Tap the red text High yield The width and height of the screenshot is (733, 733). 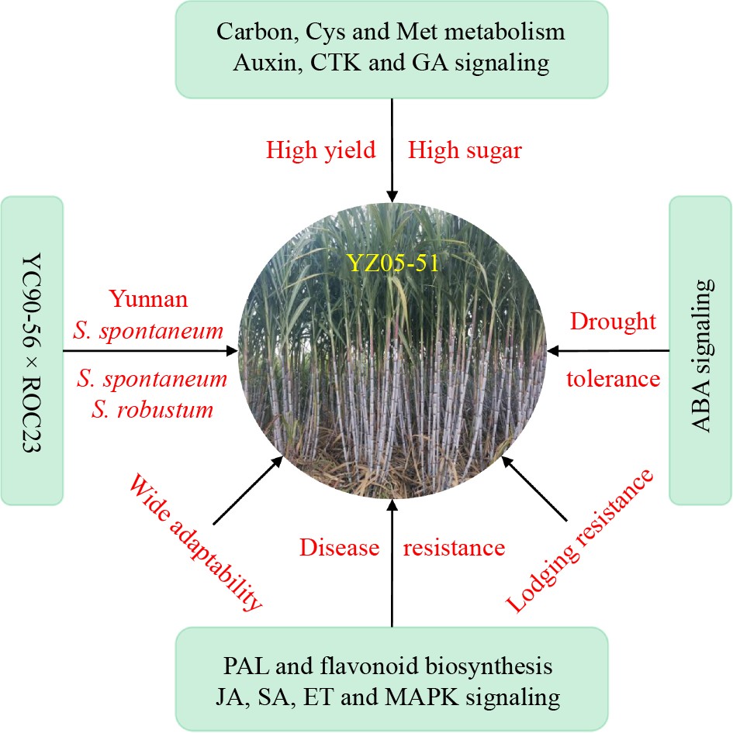click(x=321, y=150)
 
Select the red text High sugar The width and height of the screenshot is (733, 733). click(x=465, y=150)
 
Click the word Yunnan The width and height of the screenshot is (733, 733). click(x=147, y=298)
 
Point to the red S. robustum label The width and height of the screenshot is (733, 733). click(x=152, y=409)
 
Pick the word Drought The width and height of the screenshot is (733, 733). click(x=614, y=321)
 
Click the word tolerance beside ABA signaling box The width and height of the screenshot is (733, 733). click(x=613, y=379)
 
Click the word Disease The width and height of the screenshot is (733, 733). click(x=339, y=548)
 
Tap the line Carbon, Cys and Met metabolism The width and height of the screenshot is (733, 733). click(x=392, y=33)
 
